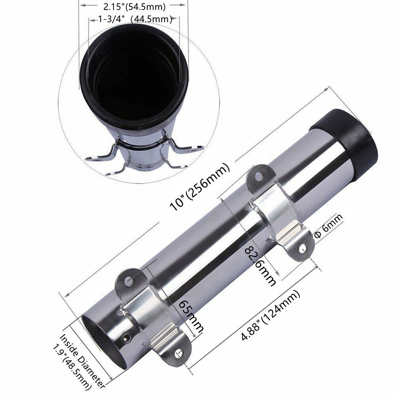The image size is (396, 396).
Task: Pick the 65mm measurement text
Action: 191,315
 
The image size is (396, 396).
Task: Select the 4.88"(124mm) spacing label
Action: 270,316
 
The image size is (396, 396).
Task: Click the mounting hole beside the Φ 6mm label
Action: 303,248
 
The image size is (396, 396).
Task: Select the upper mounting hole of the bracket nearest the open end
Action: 130,281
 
